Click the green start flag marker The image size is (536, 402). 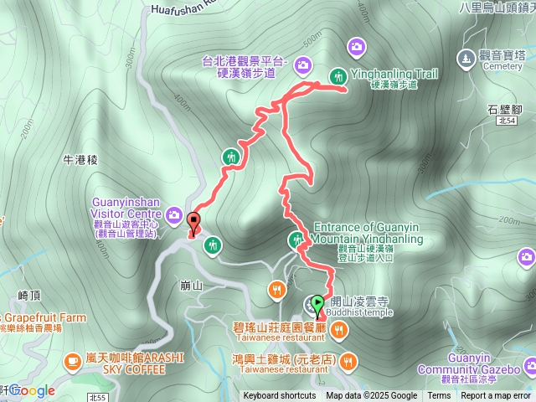[318, 305]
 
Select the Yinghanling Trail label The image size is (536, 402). [394, 74]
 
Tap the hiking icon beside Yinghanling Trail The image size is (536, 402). [338, 75]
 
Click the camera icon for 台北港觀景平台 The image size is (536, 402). [301, 62]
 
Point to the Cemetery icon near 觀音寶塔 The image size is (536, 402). [466, 58]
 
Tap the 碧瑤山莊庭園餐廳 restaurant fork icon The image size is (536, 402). [338, 331]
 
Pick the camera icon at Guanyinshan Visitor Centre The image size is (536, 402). [173, 215]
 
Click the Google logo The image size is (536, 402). [32, 390]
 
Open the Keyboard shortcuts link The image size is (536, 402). [280, 396]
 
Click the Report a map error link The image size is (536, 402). [497, 396]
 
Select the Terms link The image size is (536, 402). [439, 396]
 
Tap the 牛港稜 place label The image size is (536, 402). [80, 158]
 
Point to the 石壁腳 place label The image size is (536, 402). [503, 108]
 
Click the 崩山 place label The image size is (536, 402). [192, 286]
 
